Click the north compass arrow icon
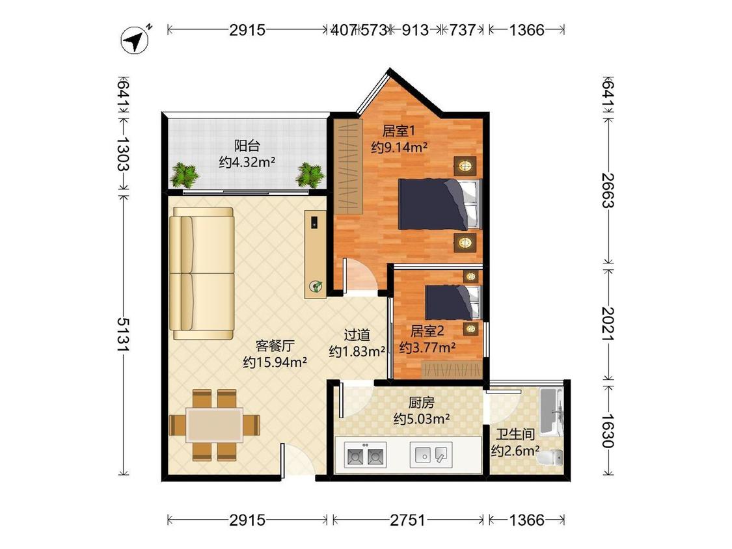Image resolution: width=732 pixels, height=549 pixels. [x=135, y=40]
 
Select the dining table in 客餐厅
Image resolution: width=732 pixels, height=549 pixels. [x=214, y=425]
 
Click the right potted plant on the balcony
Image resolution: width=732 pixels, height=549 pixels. [x=310, y=175]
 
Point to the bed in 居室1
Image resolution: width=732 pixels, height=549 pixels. [x=439, y=204]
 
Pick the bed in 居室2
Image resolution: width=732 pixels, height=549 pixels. [x=452, y=302]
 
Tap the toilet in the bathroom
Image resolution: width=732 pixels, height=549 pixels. [x=550, y=457]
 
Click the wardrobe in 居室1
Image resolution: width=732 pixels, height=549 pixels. [x=348, y=167]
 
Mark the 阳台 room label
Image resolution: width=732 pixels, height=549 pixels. [x=247, y=146]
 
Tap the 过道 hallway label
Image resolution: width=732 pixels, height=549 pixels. [x=357, y=335]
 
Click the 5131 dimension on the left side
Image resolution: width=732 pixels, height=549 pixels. [x=124, y=335]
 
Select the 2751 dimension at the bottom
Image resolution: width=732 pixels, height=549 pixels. [x=407, y=520]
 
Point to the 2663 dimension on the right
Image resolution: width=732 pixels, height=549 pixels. [x=608, y=190]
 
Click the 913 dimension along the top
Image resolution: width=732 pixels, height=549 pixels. [x=415, y=31]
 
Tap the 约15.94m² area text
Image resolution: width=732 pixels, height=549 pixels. [x=275, y=362]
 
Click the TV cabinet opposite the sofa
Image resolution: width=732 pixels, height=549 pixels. [x=316, y=254]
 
